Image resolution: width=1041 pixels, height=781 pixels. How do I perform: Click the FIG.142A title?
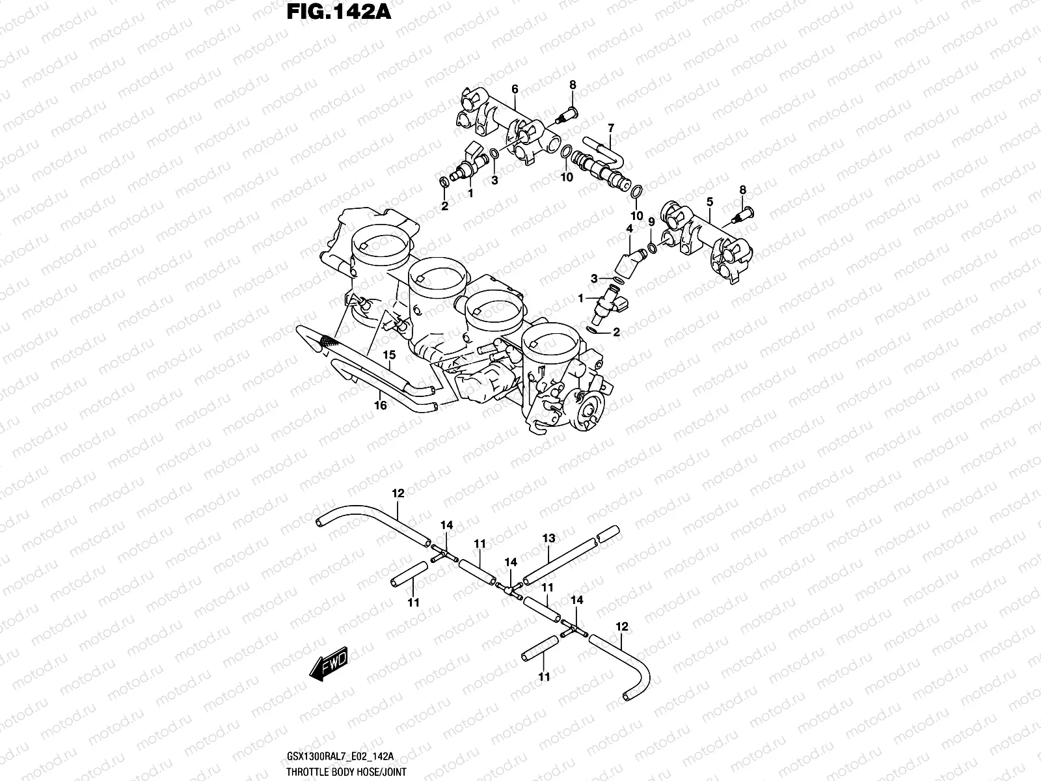339,12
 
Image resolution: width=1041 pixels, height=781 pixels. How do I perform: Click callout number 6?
514,89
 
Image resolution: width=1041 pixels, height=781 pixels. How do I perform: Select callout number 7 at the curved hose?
610,128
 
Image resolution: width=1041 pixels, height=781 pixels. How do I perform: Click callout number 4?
629,228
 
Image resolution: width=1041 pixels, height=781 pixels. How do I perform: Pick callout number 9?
651,223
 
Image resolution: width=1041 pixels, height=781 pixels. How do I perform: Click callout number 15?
389,355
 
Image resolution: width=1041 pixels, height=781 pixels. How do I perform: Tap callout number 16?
381,405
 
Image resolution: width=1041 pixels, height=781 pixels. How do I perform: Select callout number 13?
548,538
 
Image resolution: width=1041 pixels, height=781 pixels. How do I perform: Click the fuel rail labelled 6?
507,121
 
